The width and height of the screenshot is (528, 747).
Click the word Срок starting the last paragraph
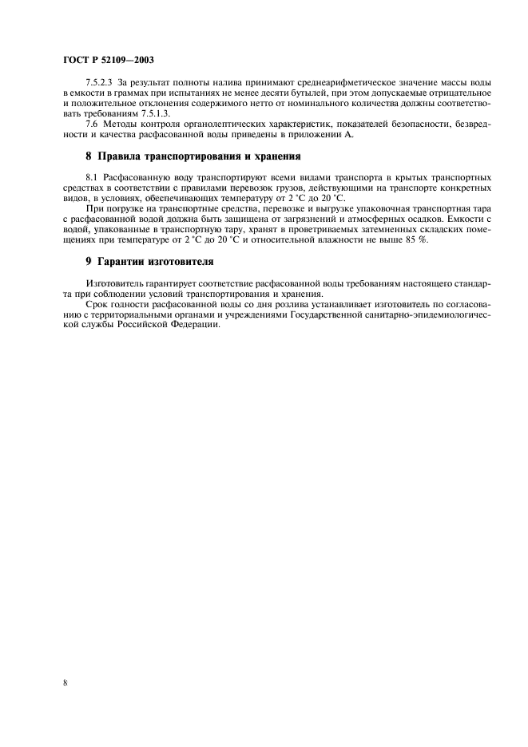(97, 303)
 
